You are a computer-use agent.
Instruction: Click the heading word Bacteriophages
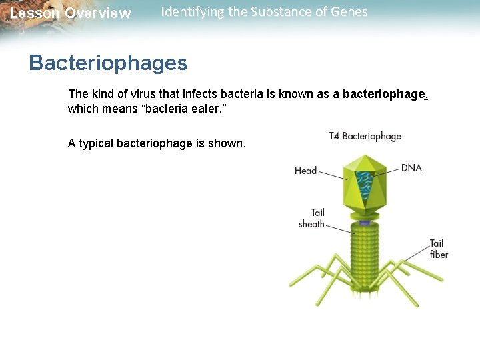tap(108, 63)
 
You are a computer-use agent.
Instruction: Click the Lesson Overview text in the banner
tap(71, 13)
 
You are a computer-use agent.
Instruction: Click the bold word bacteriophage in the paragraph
tap(383, 95)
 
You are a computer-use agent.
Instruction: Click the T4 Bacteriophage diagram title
tap(365, 136)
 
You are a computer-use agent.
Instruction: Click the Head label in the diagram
tap(305, 171)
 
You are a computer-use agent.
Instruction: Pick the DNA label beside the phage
tap(411, 168)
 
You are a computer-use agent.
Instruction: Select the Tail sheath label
tap(312, 219)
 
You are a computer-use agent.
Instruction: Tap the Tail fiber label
tap(439, 249)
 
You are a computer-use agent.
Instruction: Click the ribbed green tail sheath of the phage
tap(365, 253)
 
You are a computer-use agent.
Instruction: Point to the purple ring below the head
tap(365, 223)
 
